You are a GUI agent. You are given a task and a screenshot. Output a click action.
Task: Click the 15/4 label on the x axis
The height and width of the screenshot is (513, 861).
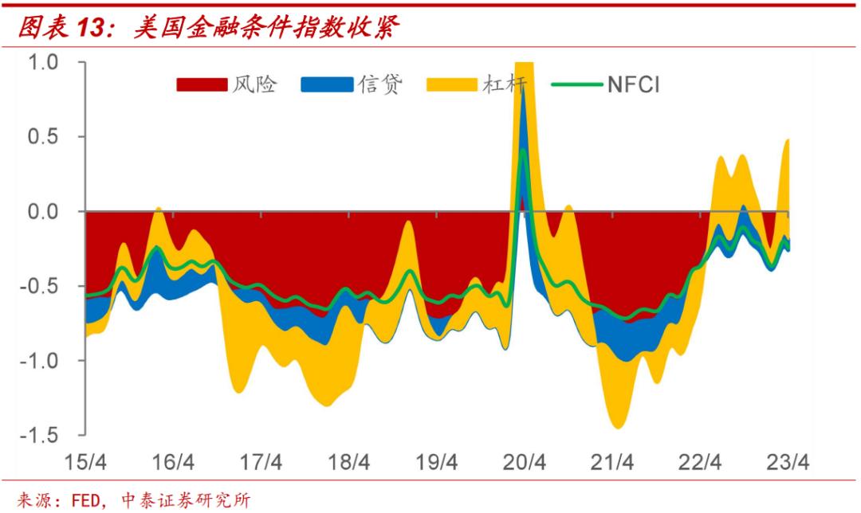[85, 462]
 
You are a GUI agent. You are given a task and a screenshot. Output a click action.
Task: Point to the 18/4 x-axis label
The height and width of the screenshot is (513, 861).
[348, 462]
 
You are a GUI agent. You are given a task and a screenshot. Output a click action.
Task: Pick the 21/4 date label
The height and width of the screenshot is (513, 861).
[612, 462]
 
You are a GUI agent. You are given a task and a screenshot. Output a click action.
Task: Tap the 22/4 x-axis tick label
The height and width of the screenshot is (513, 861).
[700, 462]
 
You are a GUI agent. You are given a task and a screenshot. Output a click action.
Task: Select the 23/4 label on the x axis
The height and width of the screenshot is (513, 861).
[788, 462]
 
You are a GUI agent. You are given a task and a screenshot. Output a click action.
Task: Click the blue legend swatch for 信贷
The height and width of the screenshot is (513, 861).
[327, 84]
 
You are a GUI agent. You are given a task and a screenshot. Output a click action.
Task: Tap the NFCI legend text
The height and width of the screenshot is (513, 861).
[634, 84]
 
